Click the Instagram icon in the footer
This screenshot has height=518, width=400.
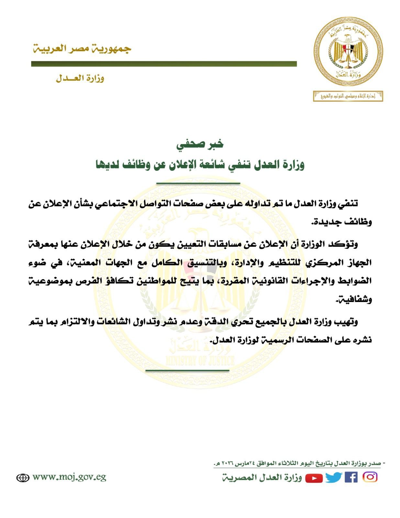[370, 477]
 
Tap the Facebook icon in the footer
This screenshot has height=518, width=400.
[351, 478]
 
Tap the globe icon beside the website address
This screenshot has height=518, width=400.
[23, 478]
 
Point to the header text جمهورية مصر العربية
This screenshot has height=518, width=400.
[82, 49]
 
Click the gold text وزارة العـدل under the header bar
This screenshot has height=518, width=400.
[80, 78]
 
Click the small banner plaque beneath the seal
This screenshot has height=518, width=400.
[348, 96]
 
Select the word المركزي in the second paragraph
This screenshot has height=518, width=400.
[327, 262]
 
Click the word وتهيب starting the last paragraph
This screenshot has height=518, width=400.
[348, 322]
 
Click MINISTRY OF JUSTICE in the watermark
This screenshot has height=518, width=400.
[200, 360]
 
